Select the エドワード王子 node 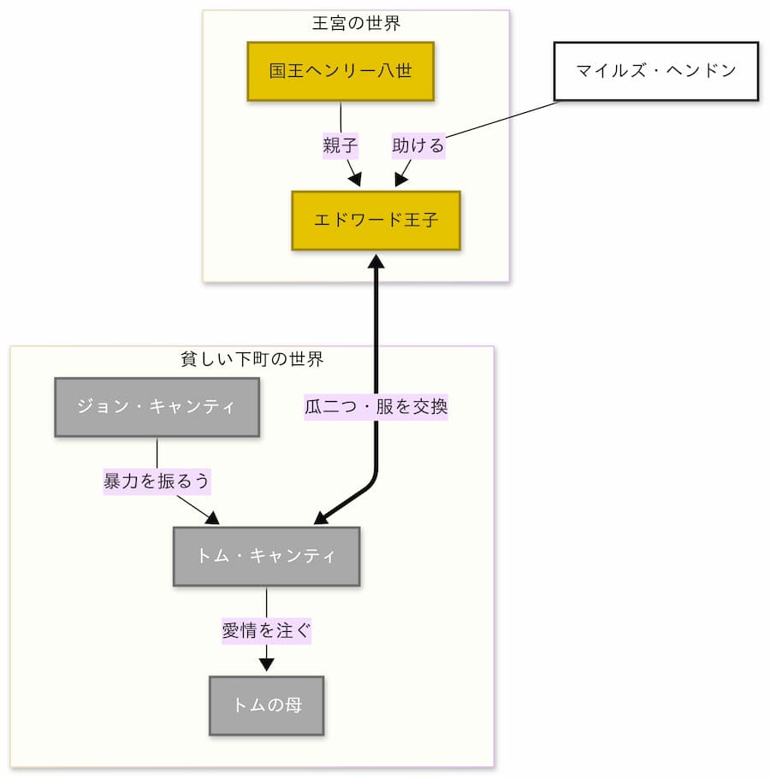tap(376, 221)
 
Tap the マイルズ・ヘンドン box tap(655, 71)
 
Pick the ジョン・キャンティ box tap(157, 407)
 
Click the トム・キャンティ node tap(266, 556)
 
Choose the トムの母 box tap(266, 705)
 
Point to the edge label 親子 tap(340, 146)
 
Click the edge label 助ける tap(418, 146)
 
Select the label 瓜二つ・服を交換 tap(376, 407)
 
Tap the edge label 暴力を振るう tap(157, 481)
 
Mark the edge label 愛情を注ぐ tap(266, 631)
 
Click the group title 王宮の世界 tap(356, 23)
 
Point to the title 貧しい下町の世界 tap(252, 359)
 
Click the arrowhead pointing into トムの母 tap(266, 664)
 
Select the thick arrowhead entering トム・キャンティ tap(322, 518)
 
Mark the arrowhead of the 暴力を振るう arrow tap(212, 517)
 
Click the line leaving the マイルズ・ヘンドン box tap(505, 121)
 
